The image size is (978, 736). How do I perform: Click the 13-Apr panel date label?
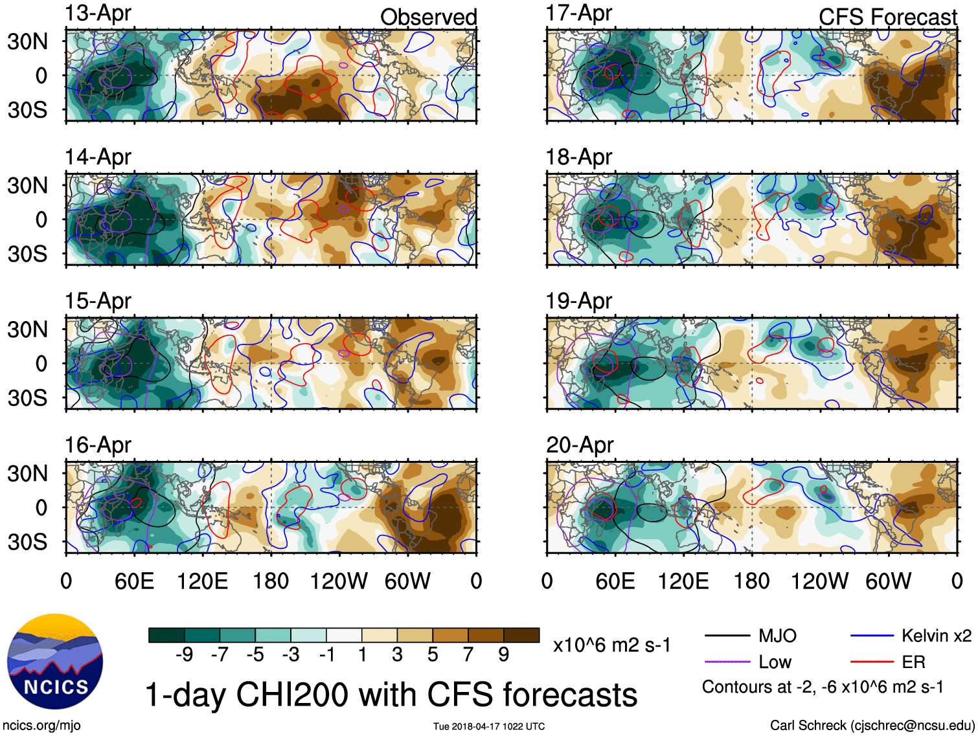[x=98, y=13]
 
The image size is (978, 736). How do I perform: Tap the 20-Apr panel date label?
[x=579, y=445]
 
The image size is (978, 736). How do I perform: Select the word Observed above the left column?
[x=428, y=17]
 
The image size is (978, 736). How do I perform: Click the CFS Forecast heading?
[x=887, y=17]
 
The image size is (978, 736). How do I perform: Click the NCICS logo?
[x=55, y=661]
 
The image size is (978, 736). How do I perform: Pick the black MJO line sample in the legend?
[x=727, y=636]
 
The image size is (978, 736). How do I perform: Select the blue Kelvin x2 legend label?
[x=936, y=636]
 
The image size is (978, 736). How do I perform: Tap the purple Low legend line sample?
[x=727, y=662]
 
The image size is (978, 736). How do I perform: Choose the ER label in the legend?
[x=913, y=662]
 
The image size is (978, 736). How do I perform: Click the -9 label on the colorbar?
[x=184, y=655]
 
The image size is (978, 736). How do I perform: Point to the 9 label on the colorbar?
[x=503, y=655]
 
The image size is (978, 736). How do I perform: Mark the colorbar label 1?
[x=362, y=655]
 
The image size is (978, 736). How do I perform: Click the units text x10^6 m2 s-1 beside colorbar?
[x=611, y=645]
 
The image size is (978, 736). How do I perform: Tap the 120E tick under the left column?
[x=202, y=581]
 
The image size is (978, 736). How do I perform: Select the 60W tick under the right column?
[x=888, y=581]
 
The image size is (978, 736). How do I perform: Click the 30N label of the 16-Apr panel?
[x=28, y=473]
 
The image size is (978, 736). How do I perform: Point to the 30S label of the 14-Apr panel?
[x=28, y=253]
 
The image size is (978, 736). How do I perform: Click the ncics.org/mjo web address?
[x=41, y=726]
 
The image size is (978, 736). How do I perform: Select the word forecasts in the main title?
[x=570, y=695]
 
